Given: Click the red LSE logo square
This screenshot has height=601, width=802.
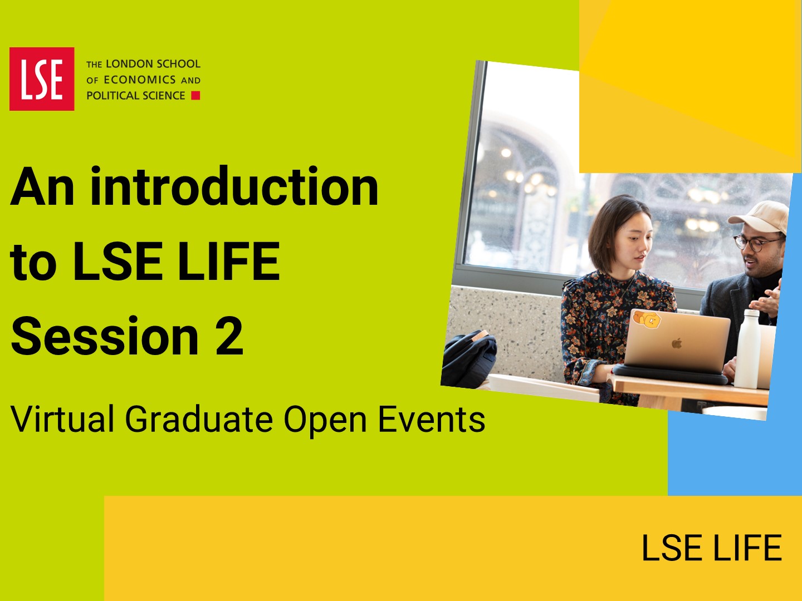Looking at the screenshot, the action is click(x=42, y=79).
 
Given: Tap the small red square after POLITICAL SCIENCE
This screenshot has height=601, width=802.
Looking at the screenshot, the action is click(x=196, y=96).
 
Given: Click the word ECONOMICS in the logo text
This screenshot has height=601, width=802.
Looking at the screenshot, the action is click(x=140, y=80).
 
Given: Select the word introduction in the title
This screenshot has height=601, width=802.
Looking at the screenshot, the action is click(x=234, y=186).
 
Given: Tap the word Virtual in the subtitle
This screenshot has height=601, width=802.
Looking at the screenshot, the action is click(x=62, y=419).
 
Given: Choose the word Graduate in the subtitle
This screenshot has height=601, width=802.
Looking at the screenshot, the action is click(x=199, y=419).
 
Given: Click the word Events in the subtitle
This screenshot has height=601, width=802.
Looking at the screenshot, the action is click(x=431, y=419).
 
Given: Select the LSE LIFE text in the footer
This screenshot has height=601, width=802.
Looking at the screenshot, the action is click(x=711, y=548).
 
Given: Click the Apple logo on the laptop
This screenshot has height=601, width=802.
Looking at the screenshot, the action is click(x=677, y=343).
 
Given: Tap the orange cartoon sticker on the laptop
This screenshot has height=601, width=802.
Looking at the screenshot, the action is click(x=647, y=319).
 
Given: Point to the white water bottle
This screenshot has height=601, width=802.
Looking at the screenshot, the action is click(x=747, y=348).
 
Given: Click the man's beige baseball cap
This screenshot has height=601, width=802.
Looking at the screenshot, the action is click(x=760, y=217).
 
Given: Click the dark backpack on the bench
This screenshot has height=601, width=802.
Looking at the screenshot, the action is click(x=469, y=359).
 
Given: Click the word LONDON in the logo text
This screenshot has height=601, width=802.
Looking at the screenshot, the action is click(x=129, y=64).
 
